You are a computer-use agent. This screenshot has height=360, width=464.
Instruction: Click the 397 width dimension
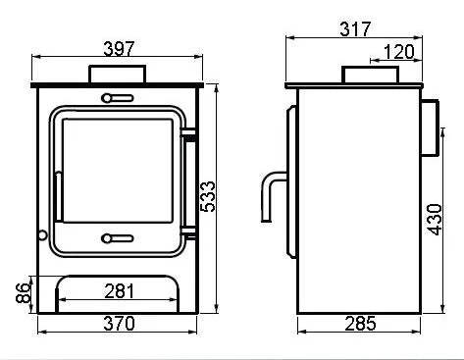[x=121, y=47]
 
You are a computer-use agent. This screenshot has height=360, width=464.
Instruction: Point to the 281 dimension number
[x=121, y=290]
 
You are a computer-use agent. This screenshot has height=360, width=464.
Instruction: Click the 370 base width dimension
[x=121, y=325]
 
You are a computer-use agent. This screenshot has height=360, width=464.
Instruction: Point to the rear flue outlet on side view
[x=430, y=128]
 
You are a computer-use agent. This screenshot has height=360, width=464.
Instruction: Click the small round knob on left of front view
[x=42, y=234]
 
